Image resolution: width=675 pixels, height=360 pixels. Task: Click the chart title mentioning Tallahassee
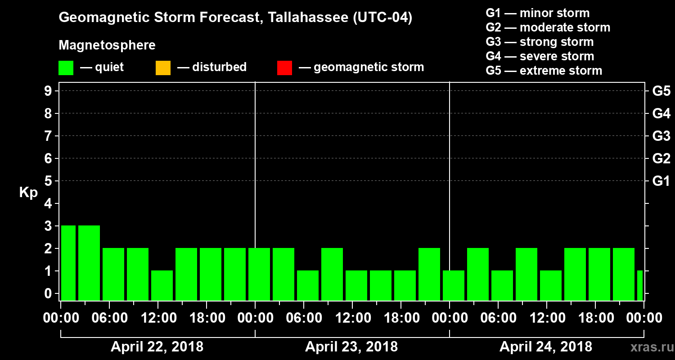(235, 18)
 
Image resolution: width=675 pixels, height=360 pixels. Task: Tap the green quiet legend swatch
(66, 67)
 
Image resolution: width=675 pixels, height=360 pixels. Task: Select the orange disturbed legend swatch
(163, 67)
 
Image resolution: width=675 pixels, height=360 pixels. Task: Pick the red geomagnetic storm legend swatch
(284, 67)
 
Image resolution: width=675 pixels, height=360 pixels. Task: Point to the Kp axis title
(28, 192)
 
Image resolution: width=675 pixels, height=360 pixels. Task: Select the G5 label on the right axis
(661, 91)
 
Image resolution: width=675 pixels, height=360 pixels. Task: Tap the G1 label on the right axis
(661, 181)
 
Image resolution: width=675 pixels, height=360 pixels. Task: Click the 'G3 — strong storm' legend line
(540, 42)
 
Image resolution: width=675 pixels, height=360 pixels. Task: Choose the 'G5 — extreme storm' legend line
(544, 71)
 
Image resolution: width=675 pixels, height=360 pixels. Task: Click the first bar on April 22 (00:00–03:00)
(68, 262)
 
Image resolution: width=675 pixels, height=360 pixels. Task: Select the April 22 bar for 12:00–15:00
(162, 285)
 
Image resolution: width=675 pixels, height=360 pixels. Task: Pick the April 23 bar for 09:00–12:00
(332, 274)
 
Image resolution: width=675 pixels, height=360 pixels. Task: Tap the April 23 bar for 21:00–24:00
(429, 274)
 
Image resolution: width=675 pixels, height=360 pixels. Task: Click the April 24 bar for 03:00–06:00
(478, 274)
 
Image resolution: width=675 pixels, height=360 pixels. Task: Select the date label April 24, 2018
(546, 347)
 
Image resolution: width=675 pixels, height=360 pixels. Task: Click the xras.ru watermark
(649, 347)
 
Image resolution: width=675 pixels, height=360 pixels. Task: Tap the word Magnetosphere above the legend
(107, 45)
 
